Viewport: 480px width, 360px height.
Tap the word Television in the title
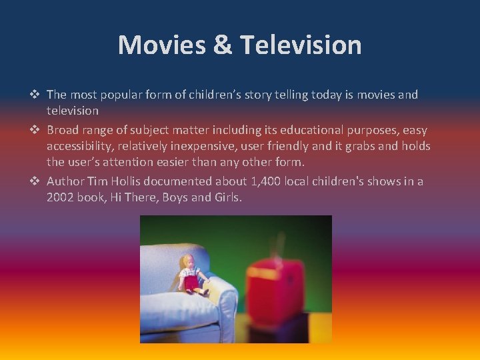[x=301, y=45]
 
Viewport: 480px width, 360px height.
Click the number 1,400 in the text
[x=269, y=181]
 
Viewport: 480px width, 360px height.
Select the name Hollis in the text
[x=130, y=181]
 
